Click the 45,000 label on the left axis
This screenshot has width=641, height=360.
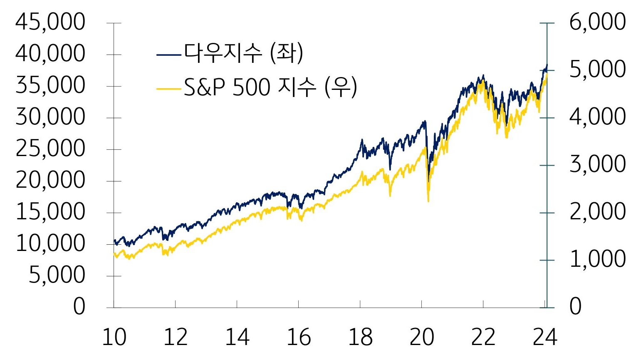(x=50, y=22)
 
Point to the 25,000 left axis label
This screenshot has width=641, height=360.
(x=50, y=149)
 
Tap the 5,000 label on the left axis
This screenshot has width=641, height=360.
(x=57, y=275)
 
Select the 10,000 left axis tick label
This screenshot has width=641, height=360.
(x=50, y=243)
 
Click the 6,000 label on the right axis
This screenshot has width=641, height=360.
(x=597, y=22)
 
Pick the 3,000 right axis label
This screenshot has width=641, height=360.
(x=597, y=164)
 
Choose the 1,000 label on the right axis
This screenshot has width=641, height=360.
(x=597, y=259)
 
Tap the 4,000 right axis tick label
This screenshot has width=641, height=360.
(x=597, y=117)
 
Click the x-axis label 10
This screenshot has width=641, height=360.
(x=114, y=337)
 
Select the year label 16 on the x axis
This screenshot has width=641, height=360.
(x=299, y=337)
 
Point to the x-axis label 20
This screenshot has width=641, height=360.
(x=421, y=337)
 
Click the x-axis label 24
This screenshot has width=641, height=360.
(x=544, y=337)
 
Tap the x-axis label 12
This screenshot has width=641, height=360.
(x=176, y=337)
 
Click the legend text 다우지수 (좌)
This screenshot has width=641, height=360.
(x=243, y=54)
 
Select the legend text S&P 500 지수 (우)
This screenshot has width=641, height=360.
(x=270, y=88)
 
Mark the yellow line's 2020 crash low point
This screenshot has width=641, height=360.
(x=428, y=201)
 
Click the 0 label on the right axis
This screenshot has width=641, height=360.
(x=575, y=307)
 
